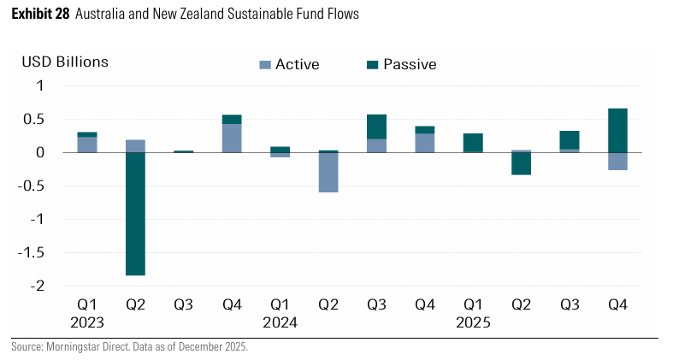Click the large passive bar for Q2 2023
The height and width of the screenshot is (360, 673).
(x=135, y=214)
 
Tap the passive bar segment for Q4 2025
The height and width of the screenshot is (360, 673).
(x=618, y=130)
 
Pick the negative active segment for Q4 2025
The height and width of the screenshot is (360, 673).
(x=618, y=162)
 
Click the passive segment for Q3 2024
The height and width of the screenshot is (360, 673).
(x=377, y=127)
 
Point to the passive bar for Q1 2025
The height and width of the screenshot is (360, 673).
(x=474, y=142)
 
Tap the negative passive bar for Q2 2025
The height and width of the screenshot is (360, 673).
(x=522, y=163)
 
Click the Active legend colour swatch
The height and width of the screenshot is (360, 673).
(x=264, y=65)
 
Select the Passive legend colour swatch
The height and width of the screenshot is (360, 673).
(x=371, y=65)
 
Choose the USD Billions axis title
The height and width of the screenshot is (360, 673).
(x=66, y=62)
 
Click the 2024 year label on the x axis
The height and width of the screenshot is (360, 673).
(x=280, y=323)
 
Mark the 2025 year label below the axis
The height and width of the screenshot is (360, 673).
(x=474, y=323)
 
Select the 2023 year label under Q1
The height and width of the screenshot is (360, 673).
(x=87, y=323)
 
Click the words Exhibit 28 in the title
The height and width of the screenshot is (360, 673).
(x=39, y=15)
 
